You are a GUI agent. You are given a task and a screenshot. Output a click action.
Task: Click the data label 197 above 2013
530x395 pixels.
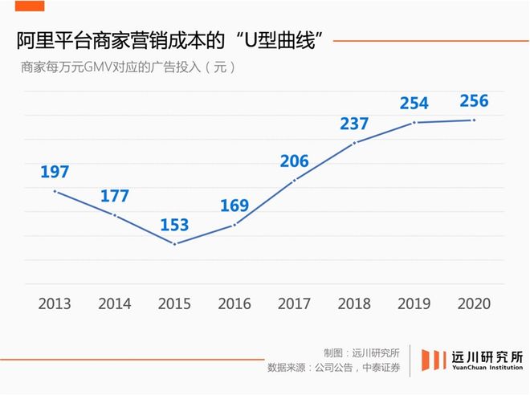tap(55, 172)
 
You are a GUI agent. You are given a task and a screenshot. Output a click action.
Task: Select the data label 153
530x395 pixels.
tap(174, 225)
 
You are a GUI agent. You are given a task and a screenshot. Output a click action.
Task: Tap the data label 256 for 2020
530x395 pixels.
tap(474, 101)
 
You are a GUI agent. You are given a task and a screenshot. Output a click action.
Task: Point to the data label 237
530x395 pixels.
tap(354, 124)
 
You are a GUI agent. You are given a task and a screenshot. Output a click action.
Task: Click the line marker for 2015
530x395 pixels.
tap(174, 243)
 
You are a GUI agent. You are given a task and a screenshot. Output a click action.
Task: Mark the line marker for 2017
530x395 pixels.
tap(295, 180)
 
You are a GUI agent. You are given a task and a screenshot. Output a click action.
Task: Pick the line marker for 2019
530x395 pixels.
tap(414, 122)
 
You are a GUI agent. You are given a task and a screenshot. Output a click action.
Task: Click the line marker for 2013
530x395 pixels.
tap(55, 191)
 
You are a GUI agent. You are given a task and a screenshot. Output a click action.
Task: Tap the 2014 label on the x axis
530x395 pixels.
tap(115, 304)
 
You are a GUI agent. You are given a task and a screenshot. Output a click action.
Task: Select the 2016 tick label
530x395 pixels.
tap(234, 304)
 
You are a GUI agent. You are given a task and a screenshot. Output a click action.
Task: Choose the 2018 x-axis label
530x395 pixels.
tap(354, 304)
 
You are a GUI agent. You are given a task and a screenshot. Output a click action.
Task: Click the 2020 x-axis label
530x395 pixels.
tap(474, 304)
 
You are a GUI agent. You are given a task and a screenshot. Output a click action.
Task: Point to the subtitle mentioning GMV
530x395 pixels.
tap(128, 67)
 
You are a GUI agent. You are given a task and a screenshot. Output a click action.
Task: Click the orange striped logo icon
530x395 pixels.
tap(434, 360)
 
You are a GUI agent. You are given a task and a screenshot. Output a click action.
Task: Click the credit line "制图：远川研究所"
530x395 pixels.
tap(361, 352)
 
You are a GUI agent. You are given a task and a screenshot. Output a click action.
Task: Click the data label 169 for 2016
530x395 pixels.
tap(234, 206)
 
